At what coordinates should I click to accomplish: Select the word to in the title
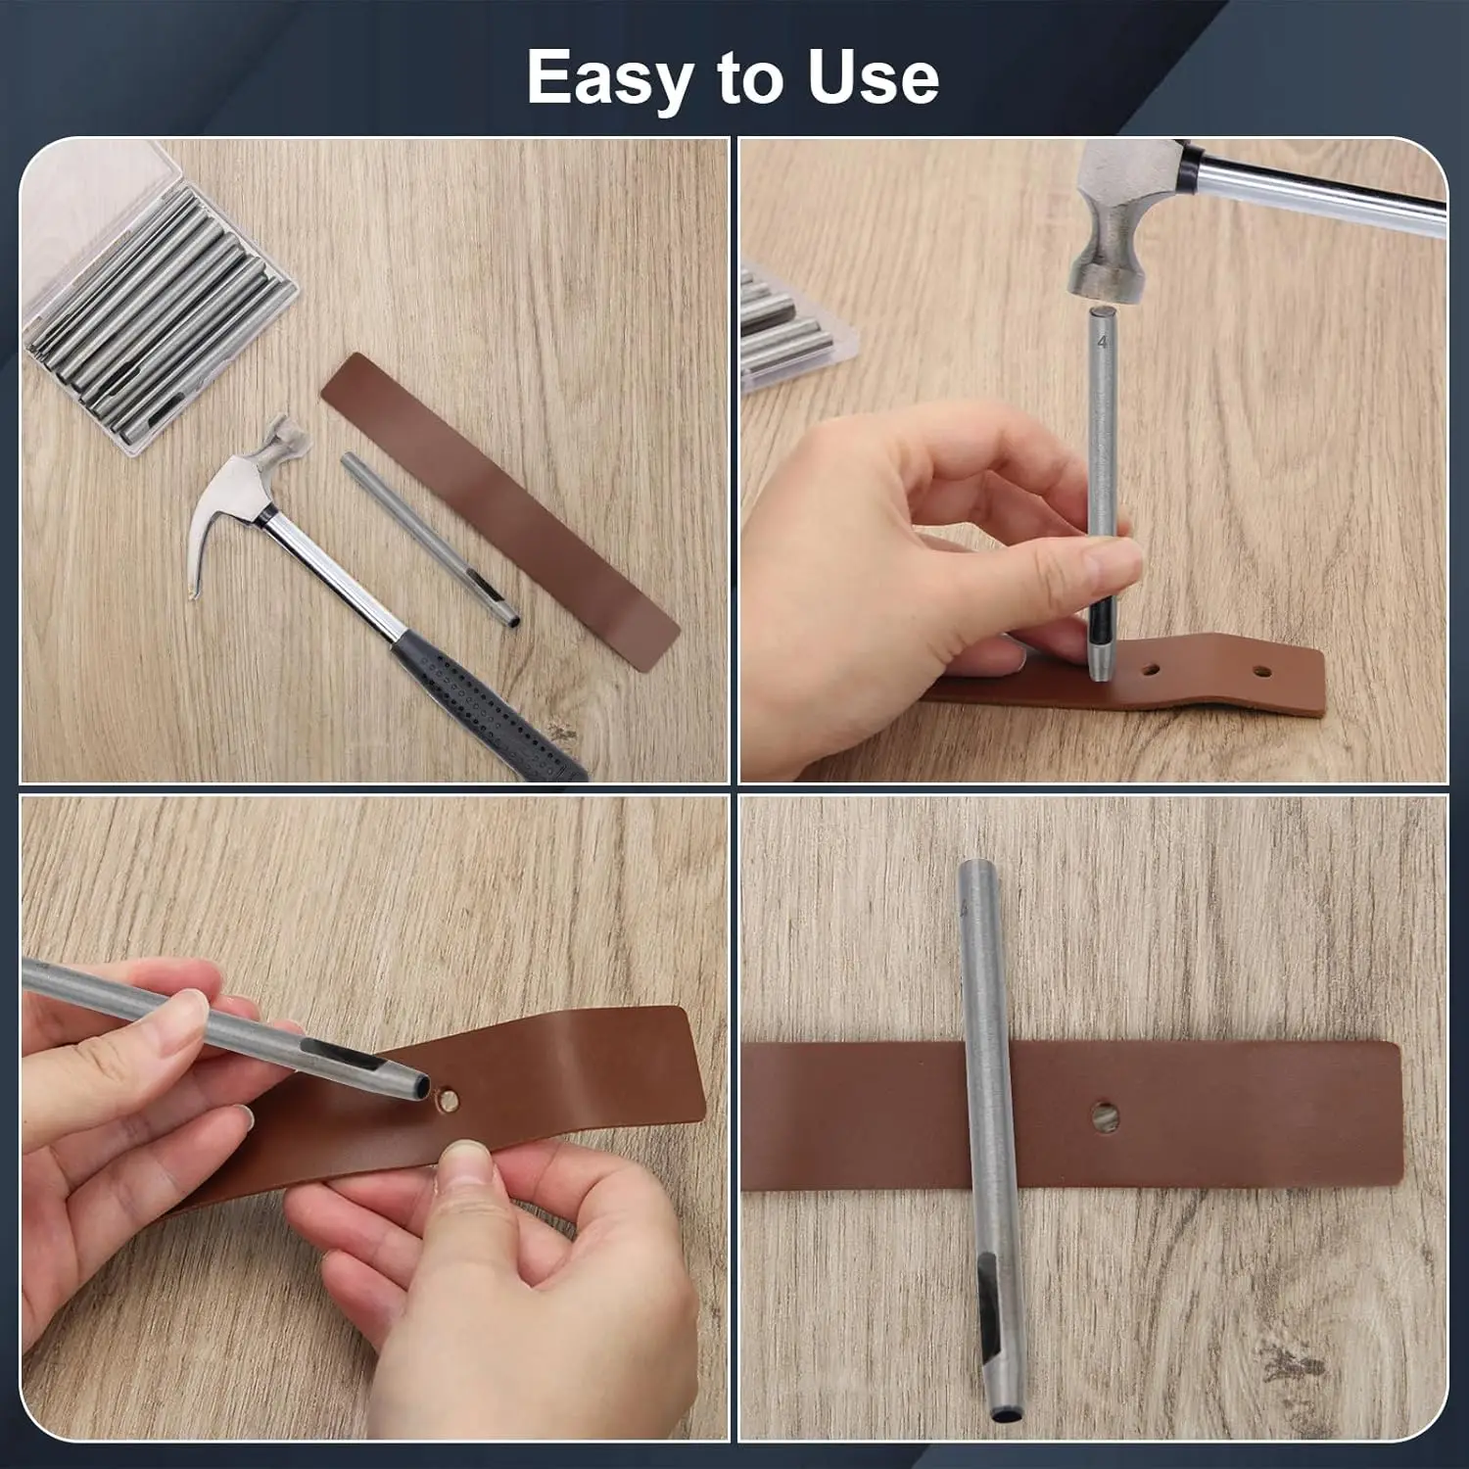pos(749,78)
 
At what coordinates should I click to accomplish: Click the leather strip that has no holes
pos(499,509)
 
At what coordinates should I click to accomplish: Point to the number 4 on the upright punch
pos(1103,343)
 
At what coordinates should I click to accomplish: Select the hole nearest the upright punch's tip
pos(1152,672)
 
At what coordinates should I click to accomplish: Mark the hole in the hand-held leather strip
pos(450,1102)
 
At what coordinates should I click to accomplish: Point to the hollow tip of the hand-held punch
pos(419,1085)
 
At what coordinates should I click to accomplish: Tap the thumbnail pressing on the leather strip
pos(468,1164)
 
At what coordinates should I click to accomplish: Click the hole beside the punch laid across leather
pos(1106,1114)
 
